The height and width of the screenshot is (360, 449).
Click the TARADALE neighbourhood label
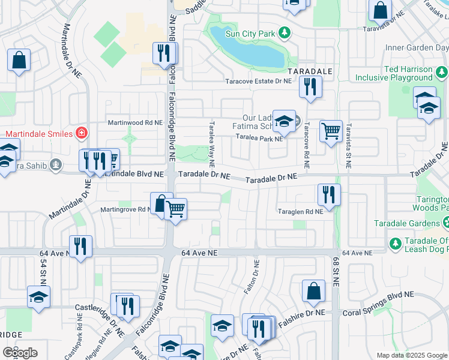(310, 71)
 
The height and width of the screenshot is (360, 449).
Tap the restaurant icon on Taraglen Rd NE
(328, 194)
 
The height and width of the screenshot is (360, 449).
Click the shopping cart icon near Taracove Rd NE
(331, 130)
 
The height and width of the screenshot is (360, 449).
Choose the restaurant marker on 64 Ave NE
(80, 246)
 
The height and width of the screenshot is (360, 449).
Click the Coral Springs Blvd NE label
(379, 313)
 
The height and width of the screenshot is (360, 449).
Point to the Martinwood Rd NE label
(135, 122)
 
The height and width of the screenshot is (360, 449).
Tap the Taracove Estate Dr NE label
(258, 81)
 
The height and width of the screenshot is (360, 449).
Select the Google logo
(20, 352)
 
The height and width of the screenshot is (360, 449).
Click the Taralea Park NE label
(259, 139)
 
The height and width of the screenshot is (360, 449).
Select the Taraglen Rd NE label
(301, 211)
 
